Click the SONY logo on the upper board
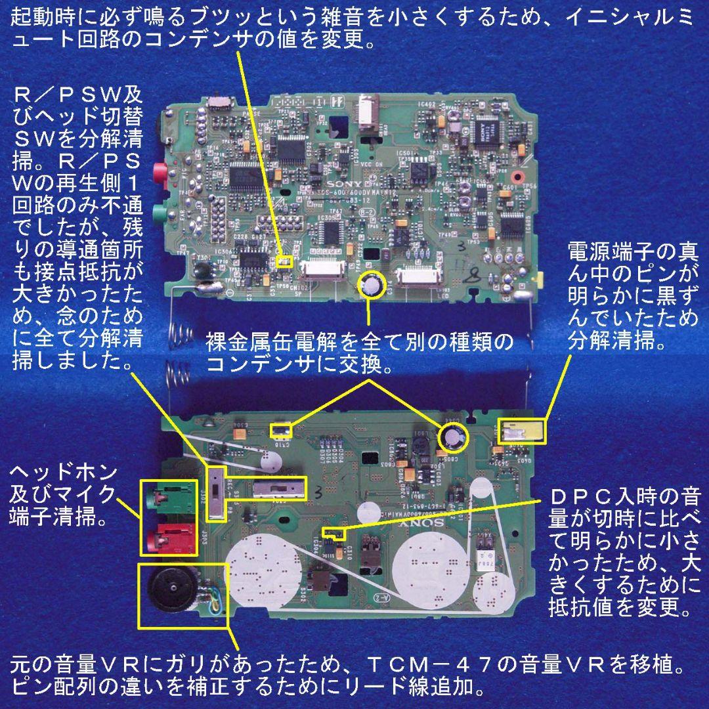(342, 180)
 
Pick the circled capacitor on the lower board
(453, 437)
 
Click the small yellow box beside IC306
(284, 261)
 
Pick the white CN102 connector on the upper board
(322, 270)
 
